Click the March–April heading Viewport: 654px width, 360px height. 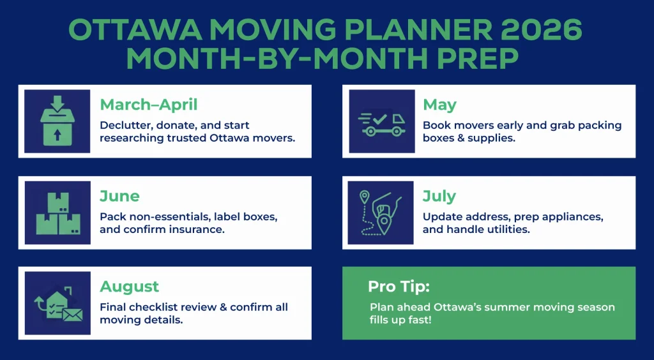pos(148,105)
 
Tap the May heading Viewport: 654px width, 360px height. pos(439,105)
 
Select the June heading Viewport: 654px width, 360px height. pos(119,196)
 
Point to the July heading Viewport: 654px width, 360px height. pos(439,196)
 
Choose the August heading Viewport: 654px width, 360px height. pos(129,287)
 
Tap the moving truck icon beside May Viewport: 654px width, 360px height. pos(381,121)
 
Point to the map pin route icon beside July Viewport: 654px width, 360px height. pos(381,213)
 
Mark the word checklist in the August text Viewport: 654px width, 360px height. pos(155,307)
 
